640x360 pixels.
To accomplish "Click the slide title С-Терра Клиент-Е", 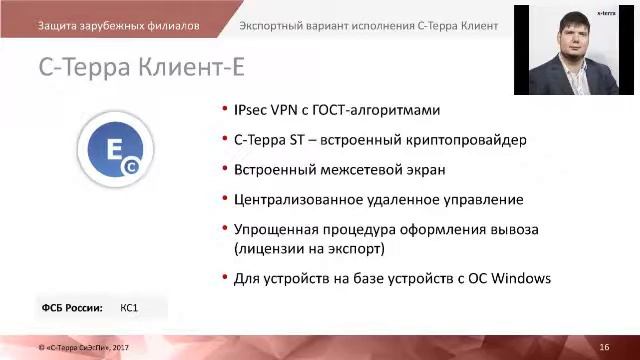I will point(140,68).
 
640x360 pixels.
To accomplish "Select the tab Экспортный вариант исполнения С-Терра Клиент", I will point(370,25).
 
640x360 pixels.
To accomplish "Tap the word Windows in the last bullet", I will point(521,278).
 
